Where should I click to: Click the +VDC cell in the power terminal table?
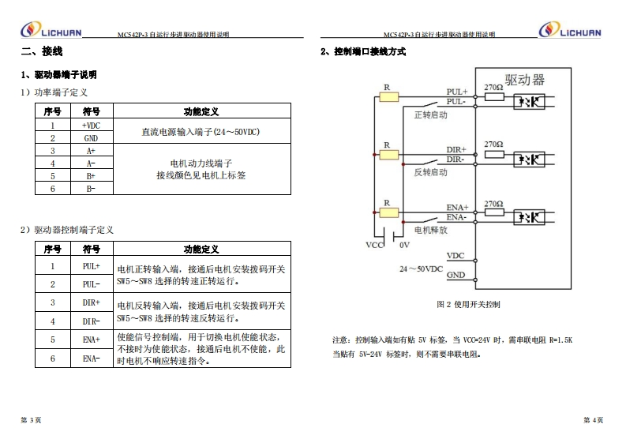91,125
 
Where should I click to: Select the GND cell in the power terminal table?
91,137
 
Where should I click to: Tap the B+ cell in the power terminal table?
91,175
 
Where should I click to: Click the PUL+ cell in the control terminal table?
91,267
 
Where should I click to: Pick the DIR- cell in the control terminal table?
91,321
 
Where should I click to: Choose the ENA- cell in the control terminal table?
91,358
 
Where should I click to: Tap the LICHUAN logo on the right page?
569,31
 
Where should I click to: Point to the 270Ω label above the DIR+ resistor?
493,144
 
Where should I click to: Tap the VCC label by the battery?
374,245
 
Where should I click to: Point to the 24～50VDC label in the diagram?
421,268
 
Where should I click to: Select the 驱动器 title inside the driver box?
525,80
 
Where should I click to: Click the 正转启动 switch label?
430,115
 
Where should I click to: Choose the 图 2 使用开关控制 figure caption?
468,304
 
